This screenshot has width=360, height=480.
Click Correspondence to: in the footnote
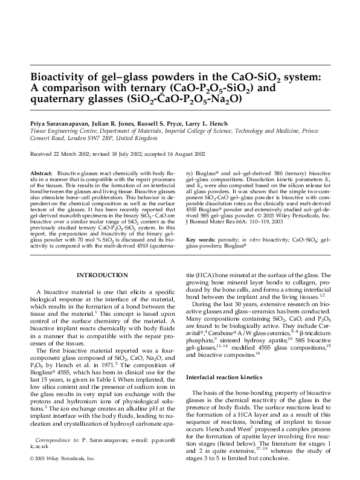(x=57, y=440)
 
